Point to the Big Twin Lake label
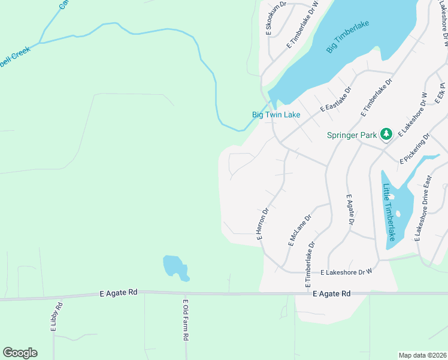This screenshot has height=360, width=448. pyautogui.click(x=276, y=115)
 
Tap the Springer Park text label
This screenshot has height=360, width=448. pyautogui.click(x=352, y=134)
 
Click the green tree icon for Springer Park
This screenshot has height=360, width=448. pyautogui.click(x=386, y=134)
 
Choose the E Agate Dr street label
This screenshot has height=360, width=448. pyautogui.click(x=348, y=209)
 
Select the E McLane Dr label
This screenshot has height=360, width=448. pyautogui.click(x=300, y=231)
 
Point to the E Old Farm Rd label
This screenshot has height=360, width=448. pyautogui.click(x=186, y=320)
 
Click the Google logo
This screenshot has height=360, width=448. pyautogui.click(x=20, y=353)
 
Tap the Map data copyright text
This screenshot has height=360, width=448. pyautogui.click(x=422, y=355)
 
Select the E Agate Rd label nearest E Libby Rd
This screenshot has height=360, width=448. pyautogui.click(x=118, y=292)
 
